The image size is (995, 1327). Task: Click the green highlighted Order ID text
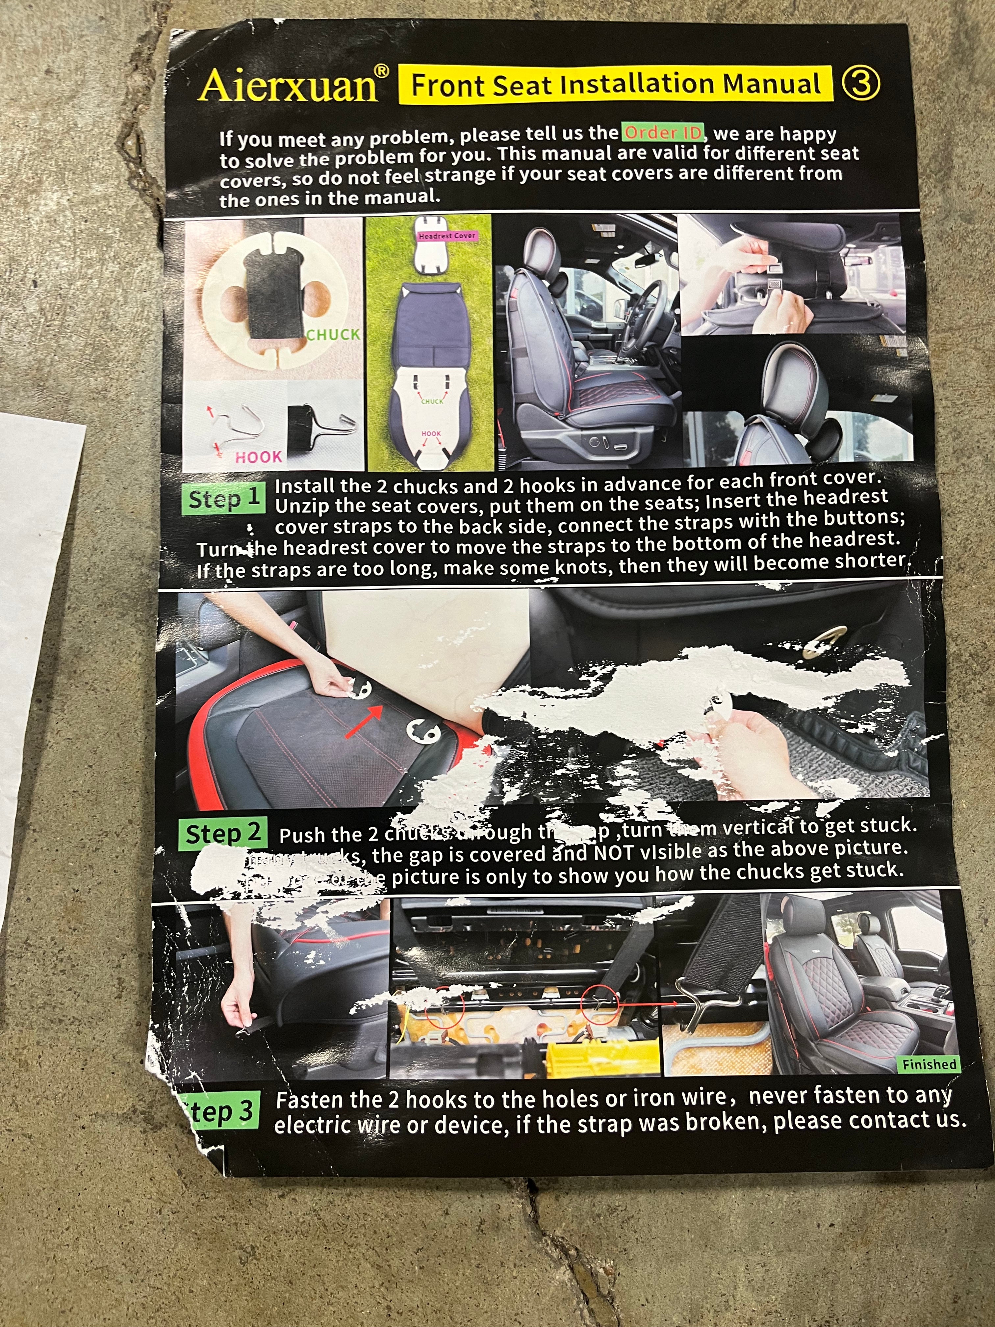pyautogui.click(x=663, y=132)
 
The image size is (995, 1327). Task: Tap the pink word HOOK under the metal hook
pyautogui.click(x=258, y=457)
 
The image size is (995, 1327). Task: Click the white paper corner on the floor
pyautogui.click(x=36, y=600)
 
